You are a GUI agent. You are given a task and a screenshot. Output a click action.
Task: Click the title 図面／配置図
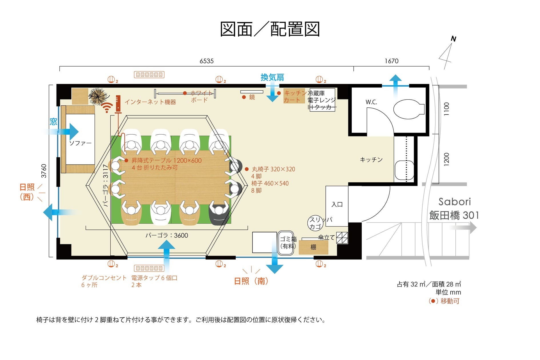[x=270, y=29]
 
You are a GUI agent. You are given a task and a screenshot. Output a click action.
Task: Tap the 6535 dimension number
[x=206, y=61]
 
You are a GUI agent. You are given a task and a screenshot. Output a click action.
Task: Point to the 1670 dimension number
[x=391, y=61]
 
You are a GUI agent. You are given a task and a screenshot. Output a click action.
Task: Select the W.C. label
[x=371, y=102]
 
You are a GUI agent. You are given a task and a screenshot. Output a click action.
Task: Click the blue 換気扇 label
[x=272, y=77]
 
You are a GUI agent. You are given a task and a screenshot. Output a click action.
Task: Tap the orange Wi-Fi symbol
[x=107, y=108]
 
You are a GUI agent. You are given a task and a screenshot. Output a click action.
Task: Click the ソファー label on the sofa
[x=80, y=143]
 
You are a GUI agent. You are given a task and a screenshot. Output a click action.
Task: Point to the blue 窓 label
[x=53, y=122]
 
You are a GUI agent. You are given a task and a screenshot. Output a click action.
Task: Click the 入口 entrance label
[x=337, y=204]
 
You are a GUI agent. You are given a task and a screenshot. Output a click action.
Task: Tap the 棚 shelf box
[x=313, y=247]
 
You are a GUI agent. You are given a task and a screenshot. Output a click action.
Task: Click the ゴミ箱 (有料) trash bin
[x=287, y=243]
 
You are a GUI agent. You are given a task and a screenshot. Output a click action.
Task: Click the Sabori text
[x=454, y=202]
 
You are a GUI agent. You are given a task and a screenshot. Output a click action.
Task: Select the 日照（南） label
[x=251, y=281]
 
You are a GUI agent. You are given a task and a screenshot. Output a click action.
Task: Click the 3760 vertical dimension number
[x=44, y=171]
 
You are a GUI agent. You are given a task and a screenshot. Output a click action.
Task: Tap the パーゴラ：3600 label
[x=167, y=235]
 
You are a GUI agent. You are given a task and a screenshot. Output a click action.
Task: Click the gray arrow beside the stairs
[x=463, y=228]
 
